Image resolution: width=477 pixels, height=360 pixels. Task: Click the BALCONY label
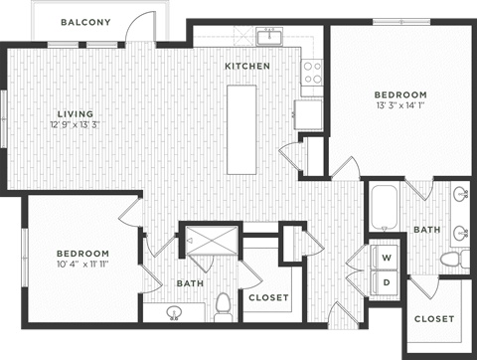84,22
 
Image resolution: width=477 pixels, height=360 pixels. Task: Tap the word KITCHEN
247,67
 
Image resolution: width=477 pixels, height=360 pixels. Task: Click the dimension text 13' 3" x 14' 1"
400,104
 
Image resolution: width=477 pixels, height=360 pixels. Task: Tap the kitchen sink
269,39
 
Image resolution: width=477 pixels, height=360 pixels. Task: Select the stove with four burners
312,72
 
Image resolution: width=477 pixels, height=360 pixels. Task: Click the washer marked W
387,258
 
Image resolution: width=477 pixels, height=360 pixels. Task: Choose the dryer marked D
387,282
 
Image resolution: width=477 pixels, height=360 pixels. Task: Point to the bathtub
385,210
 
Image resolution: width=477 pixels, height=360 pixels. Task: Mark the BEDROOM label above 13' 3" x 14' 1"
400,93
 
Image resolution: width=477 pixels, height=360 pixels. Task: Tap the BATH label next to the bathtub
427,230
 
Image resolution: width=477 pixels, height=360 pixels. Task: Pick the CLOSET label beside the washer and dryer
268,297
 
